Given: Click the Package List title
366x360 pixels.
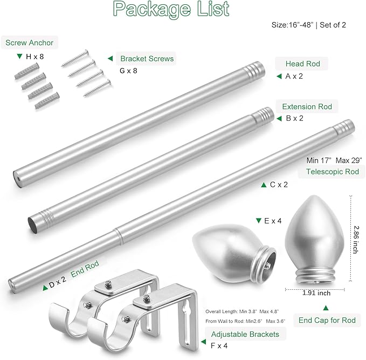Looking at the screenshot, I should click(171, 9).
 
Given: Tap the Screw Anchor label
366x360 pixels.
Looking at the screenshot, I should click(30, 43).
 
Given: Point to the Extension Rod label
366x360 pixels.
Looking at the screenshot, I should click(307, 106).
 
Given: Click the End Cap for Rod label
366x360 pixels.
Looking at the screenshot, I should click(327, 321).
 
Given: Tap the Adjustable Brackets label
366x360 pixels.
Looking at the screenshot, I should click(245, 334).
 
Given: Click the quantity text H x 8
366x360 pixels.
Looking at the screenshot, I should click(36, 56).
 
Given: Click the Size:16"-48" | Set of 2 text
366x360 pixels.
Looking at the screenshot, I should click(316, 25).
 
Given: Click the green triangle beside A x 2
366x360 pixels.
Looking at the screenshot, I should click(279, 77).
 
